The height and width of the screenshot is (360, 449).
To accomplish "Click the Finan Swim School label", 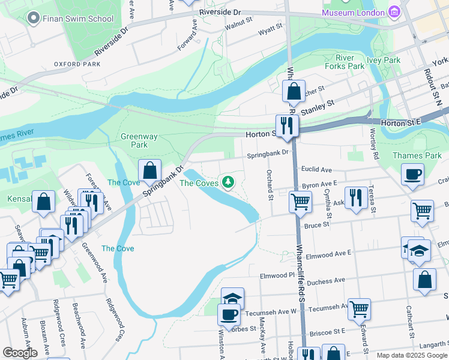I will click(x=78, y=18).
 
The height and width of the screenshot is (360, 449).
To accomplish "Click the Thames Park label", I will click(x=417, y=155).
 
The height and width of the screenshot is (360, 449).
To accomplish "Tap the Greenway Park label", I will click(x=139, y=140).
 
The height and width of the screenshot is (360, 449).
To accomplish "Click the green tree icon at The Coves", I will click(x=228, y=181).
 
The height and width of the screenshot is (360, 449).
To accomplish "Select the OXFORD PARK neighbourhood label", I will click(x=76, y=64).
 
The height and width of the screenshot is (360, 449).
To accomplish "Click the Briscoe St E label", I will click(x=327, y=331).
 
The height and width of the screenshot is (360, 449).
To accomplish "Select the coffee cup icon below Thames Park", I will click(x=412, y=175).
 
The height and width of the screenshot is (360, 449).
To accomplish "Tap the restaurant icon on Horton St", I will click(x=286, y=125).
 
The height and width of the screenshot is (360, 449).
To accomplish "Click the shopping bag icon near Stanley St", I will click(x=294, y=92).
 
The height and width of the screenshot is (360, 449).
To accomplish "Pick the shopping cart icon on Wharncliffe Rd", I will click(x=300, y=202).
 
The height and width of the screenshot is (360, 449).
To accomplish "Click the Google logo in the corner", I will click(x=20, y=353).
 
